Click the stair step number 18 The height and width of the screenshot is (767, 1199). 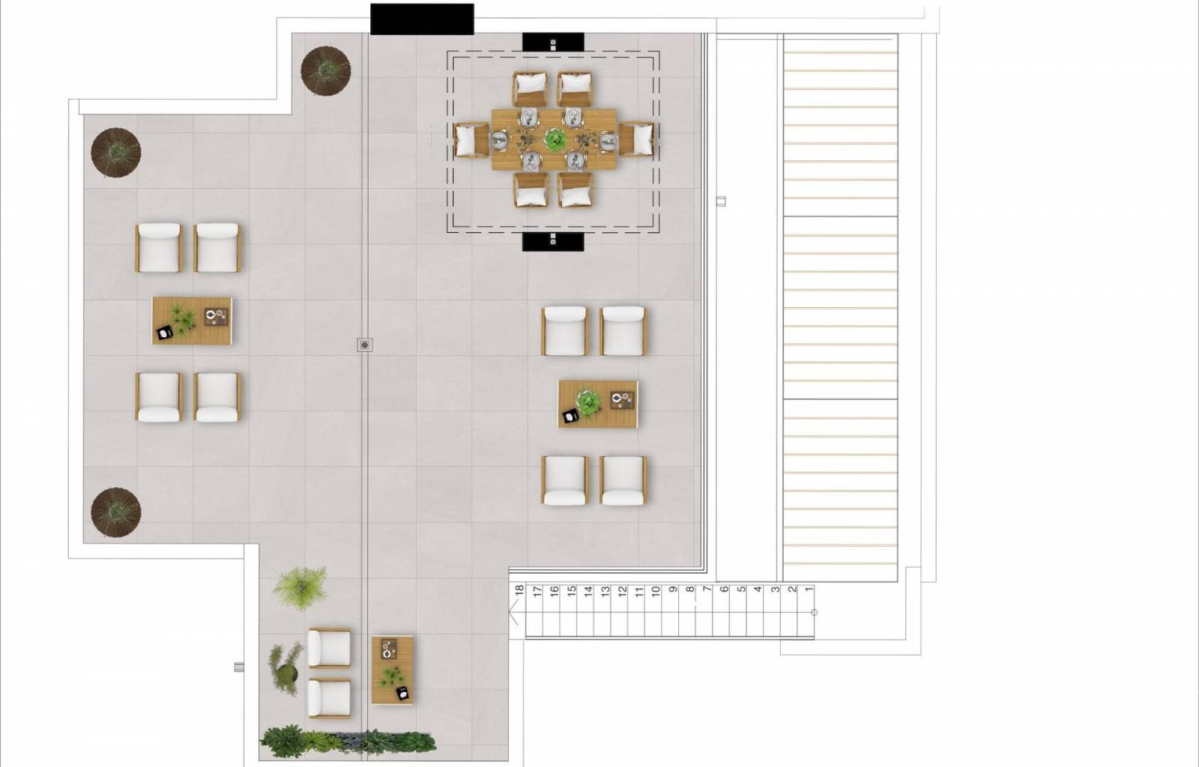point(519,590)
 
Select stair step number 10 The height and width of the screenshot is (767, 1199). point(655,591)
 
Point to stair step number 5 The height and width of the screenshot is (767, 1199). point(741,589)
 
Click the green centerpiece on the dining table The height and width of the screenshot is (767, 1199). point(555,139)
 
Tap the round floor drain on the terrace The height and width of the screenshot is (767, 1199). point(364,345)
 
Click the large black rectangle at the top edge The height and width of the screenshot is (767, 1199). point(422,19)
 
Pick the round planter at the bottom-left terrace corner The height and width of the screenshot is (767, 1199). point(115,512)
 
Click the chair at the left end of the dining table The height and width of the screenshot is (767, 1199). point(471,140)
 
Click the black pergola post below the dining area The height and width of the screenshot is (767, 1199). point(553,242)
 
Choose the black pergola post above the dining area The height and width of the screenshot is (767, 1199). point(553,42)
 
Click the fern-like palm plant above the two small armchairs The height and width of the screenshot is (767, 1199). point(300,588)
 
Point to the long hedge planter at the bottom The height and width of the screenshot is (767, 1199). point(348,742)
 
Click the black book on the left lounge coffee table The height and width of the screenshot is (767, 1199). point(165,333)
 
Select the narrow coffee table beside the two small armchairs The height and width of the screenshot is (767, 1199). point(393,670)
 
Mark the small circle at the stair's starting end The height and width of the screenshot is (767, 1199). point(814,613)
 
